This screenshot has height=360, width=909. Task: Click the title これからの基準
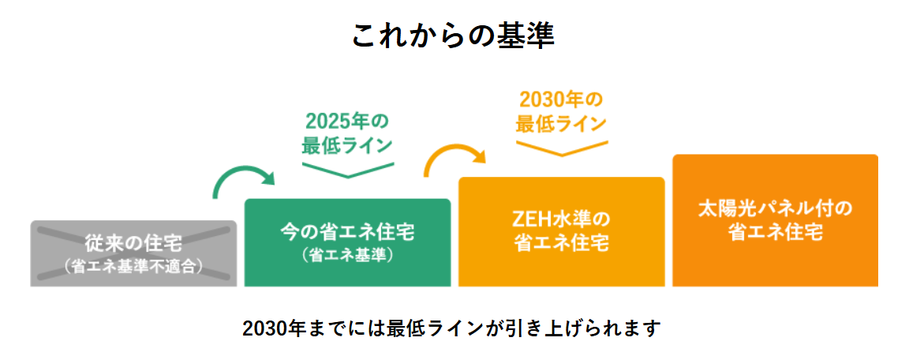coord(454,36)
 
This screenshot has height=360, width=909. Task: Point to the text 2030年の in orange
coord(561,100)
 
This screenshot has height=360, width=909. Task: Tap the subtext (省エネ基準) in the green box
coord(347,256)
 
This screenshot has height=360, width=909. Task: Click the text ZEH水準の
coord(561,217)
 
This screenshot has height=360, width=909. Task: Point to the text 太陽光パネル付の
coord(775,209)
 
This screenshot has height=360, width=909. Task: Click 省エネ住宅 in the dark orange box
coord(775,234)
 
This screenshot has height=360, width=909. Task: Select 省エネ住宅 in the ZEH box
coord(561,242)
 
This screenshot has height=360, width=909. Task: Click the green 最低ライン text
coord(347,145)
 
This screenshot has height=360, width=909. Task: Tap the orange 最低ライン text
coord(561,124)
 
